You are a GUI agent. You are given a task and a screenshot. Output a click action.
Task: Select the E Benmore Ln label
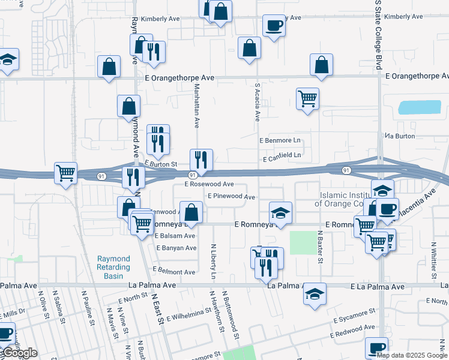coord(279,140)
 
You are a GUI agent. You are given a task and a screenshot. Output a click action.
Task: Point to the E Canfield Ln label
coord(282,155)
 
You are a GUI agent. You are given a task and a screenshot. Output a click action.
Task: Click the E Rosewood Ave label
coord(209,184)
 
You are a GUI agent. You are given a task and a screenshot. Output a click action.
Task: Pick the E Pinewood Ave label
coord(232,196)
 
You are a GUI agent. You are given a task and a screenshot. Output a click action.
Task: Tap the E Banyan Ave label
coord(176,248)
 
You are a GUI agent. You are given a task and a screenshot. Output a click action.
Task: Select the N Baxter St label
coord(320,248)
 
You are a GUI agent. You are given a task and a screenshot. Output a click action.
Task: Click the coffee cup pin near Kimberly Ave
coord(274,26)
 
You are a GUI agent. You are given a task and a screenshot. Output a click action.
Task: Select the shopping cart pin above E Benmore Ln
coord(307,98)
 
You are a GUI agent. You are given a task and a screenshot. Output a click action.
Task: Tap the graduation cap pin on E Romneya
coord(280,213)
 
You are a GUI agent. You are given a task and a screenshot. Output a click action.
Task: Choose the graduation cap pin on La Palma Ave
coord(315,294)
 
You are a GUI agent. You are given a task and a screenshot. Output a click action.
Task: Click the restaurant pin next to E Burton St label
coord(199,160)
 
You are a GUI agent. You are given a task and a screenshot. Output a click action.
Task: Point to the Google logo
coord(19,353)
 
